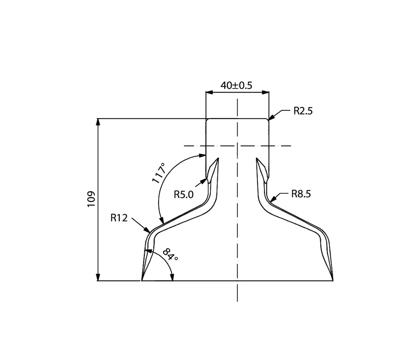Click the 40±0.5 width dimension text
point(236,86)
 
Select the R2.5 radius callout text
point(303,111)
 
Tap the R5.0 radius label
point(184,195)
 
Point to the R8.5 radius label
point(301,194)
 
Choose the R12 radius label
point(119,218)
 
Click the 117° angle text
point(159,173)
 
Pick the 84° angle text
point(170,255)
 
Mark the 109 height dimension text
point(91,199)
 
